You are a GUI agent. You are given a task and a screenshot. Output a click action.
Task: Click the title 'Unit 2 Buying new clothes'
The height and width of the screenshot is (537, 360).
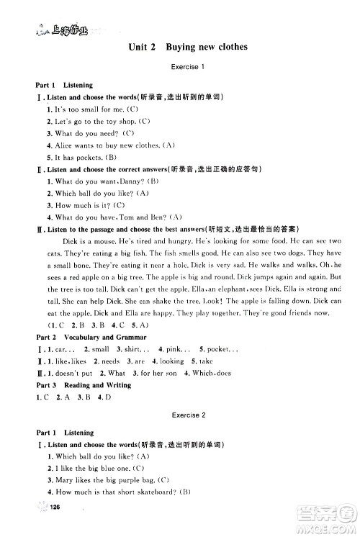[187, 48]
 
